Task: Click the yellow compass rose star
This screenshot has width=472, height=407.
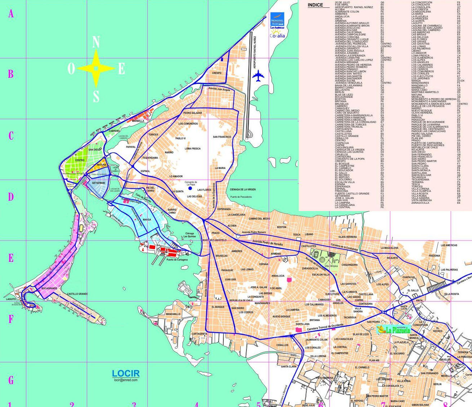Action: click(96, 68)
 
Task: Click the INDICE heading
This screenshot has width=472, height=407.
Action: click(315, 5)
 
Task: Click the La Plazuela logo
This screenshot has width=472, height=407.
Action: click(393, 329)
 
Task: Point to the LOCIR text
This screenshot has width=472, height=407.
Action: click(125, 374)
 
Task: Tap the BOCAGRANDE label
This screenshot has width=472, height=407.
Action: click(49, 289)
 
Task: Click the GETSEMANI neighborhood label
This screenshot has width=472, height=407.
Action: click(98, 183)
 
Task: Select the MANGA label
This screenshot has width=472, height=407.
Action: click(147, 219)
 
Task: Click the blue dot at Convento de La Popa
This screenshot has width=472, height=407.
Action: click(190, 188)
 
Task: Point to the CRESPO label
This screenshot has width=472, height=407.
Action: click(217, 73)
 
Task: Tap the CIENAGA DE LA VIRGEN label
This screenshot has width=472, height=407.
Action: click(242, 189)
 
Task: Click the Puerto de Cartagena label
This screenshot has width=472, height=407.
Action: click(177, 260)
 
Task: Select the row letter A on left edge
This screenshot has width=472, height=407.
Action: click(11, 14)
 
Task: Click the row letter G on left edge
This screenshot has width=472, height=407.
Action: click(11, 380)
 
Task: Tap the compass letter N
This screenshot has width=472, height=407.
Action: click(96, 43)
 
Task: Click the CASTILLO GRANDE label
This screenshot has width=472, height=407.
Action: click(77, 294)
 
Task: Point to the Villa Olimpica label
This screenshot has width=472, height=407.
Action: click(331, 266)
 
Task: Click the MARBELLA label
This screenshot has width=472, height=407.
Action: click(138, 121)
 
